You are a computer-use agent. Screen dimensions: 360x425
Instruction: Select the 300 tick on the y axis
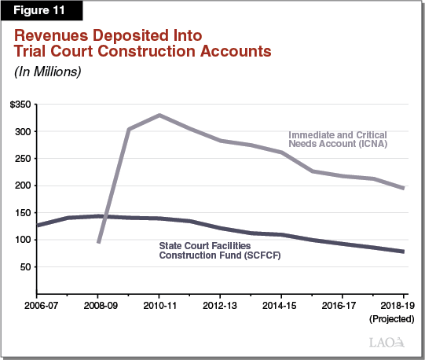(x=24, y=131)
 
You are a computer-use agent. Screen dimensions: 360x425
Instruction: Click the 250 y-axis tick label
(x=24, y=159)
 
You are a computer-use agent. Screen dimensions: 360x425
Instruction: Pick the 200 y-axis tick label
(x=24, y=186)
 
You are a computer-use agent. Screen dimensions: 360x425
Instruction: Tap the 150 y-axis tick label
(x=24, y=213)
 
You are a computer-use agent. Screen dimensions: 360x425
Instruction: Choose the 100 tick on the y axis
(x=24, y=240)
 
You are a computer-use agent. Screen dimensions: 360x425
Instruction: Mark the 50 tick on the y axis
(x=26, y=267)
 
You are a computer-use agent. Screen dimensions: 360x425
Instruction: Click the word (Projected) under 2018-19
(x=388, y=319)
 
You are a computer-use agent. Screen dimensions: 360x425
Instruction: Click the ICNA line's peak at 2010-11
(x=159, y=116)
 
